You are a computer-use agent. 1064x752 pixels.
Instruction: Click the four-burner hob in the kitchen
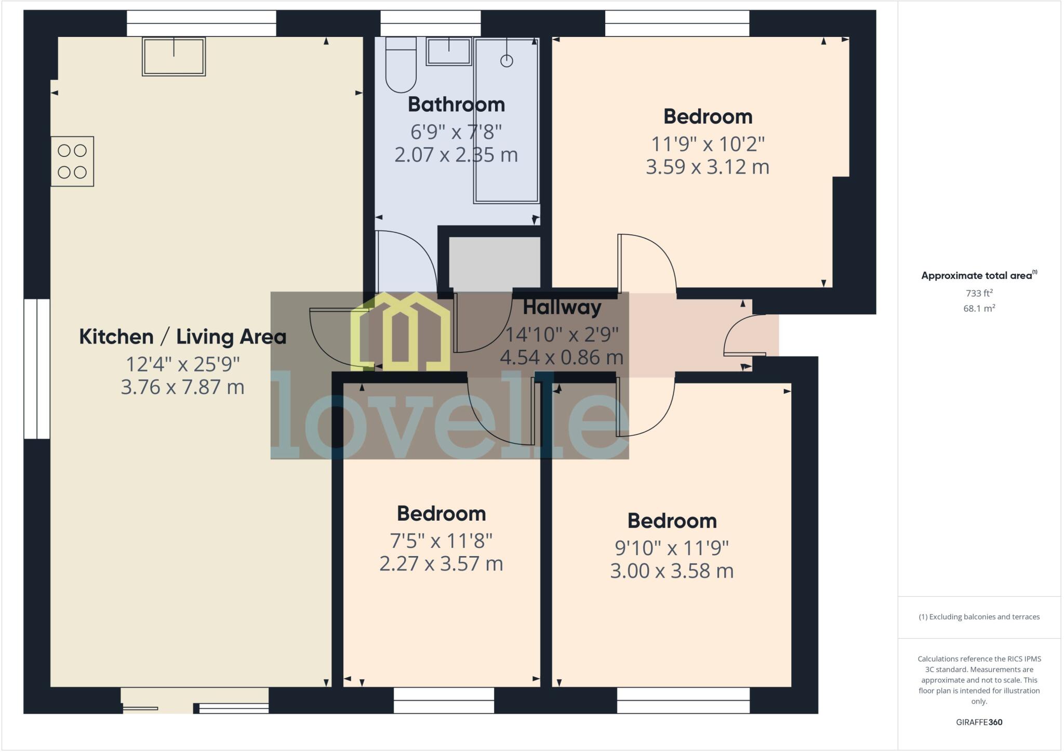(72, 161)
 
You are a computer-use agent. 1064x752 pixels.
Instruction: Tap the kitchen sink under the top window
(174, 56)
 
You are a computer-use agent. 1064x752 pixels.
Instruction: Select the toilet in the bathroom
(401, 65)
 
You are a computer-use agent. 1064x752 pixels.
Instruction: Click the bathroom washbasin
(448, 51)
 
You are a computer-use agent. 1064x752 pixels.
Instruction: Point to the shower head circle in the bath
(507, 61)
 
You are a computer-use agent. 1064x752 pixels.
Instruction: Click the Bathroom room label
(456, 104)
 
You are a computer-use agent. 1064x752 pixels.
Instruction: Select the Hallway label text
(562, 307)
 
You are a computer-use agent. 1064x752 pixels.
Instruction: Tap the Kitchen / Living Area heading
(182, 337)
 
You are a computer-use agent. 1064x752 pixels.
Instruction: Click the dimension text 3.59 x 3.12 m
(707, 167)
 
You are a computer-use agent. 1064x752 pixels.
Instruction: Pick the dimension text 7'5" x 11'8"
(441, 541)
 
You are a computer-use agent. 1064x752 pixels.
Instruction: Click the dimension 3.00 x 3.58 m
(671, 571)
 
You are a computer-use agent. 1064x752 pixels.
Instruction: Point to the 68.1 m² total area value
(979, 308)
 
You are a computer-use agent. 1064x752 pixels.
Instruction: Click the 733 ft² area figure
(979, 293)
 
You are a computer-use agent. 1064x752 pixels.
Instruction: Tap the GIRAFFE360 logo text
(979, 722)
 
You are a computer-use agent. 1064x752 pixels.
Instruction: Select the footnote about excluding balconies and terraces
(979, 617)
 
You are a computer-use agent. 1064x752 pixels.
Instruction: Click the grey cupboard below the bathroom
(494, 262)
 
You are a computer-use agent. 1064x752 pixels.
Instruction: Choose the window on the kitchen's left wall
(37, 368)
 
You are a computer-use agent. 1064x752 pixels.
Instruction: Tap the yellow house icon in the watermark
(400, 333)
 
